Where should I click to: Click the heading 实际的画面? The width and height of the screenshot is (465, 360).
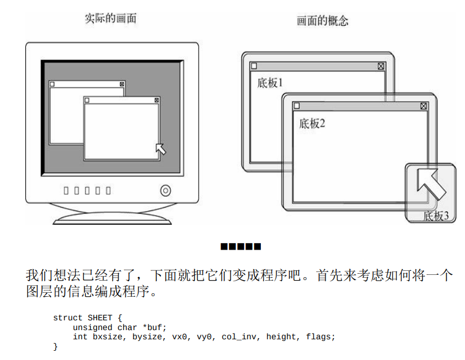tap(110, 18)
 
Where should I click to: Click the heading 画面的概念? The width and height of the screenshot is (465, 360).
tap(322, 21)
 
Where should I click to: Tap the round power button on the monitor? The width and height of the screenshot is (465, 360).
tap(166, 190)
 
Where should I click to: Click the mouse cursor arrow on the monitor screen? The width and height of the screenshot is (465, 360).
tap(161, 149)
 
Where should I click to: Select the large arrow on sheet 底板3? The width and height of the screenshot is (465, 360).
tap(431, 183)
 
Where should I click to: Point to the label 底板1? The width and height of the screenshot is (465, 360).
tap(270, 83)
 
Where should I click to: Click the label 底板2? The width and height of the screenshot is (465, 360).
tap(312, 124)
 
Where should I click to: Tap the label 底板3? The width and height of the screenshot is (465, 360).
tap(436, 216)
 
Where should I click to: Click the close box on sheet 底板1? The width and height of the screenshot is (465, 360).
tap(381, 66)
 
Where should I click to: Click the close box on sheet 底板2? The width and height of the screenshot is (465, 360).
tap(424, 106)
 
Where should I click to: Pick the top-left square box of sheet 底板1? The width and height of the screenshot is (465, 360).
tap(254, 66)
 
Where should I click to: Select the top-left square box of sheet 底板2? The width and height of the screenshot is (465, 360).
tap(297, 106)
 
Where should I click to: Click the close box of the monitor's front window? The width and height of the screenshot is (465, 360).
tap(156, 100)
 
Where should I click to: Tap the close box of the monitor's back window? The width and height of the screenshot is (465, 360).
tap(122, 85)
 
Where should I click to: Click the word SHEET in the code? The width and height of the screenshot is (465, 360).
tap(100, 318)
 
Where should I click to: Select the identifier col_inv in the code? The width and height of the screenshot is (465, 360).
tap(239, 337)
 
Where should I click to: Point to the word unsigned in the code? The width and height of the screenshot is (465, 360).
tap(93, 327)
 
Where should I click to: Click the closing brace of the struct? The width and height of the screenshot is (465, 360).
tap(55, 346)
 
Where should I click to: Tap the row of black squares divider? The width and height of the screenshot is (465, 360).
tap(241, 246)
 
